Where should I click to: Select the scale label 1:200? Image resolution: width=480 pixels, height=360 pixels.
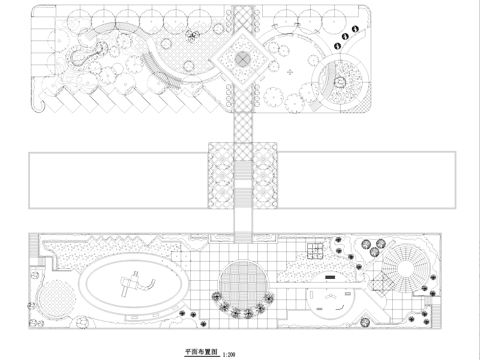coord(230,354)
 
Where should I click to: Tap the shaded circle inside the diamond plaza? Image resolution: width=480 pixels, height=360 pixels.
coord(240,61)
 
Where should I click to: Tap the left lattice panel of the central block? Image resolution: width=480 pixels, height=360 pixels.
coord(219,175)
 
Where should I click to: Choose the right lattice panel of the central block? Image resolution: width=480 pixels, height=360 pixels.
coord(263,175)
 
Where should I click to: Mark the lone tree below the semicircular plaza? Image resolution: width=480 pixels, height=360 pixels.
coord(327,319)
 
